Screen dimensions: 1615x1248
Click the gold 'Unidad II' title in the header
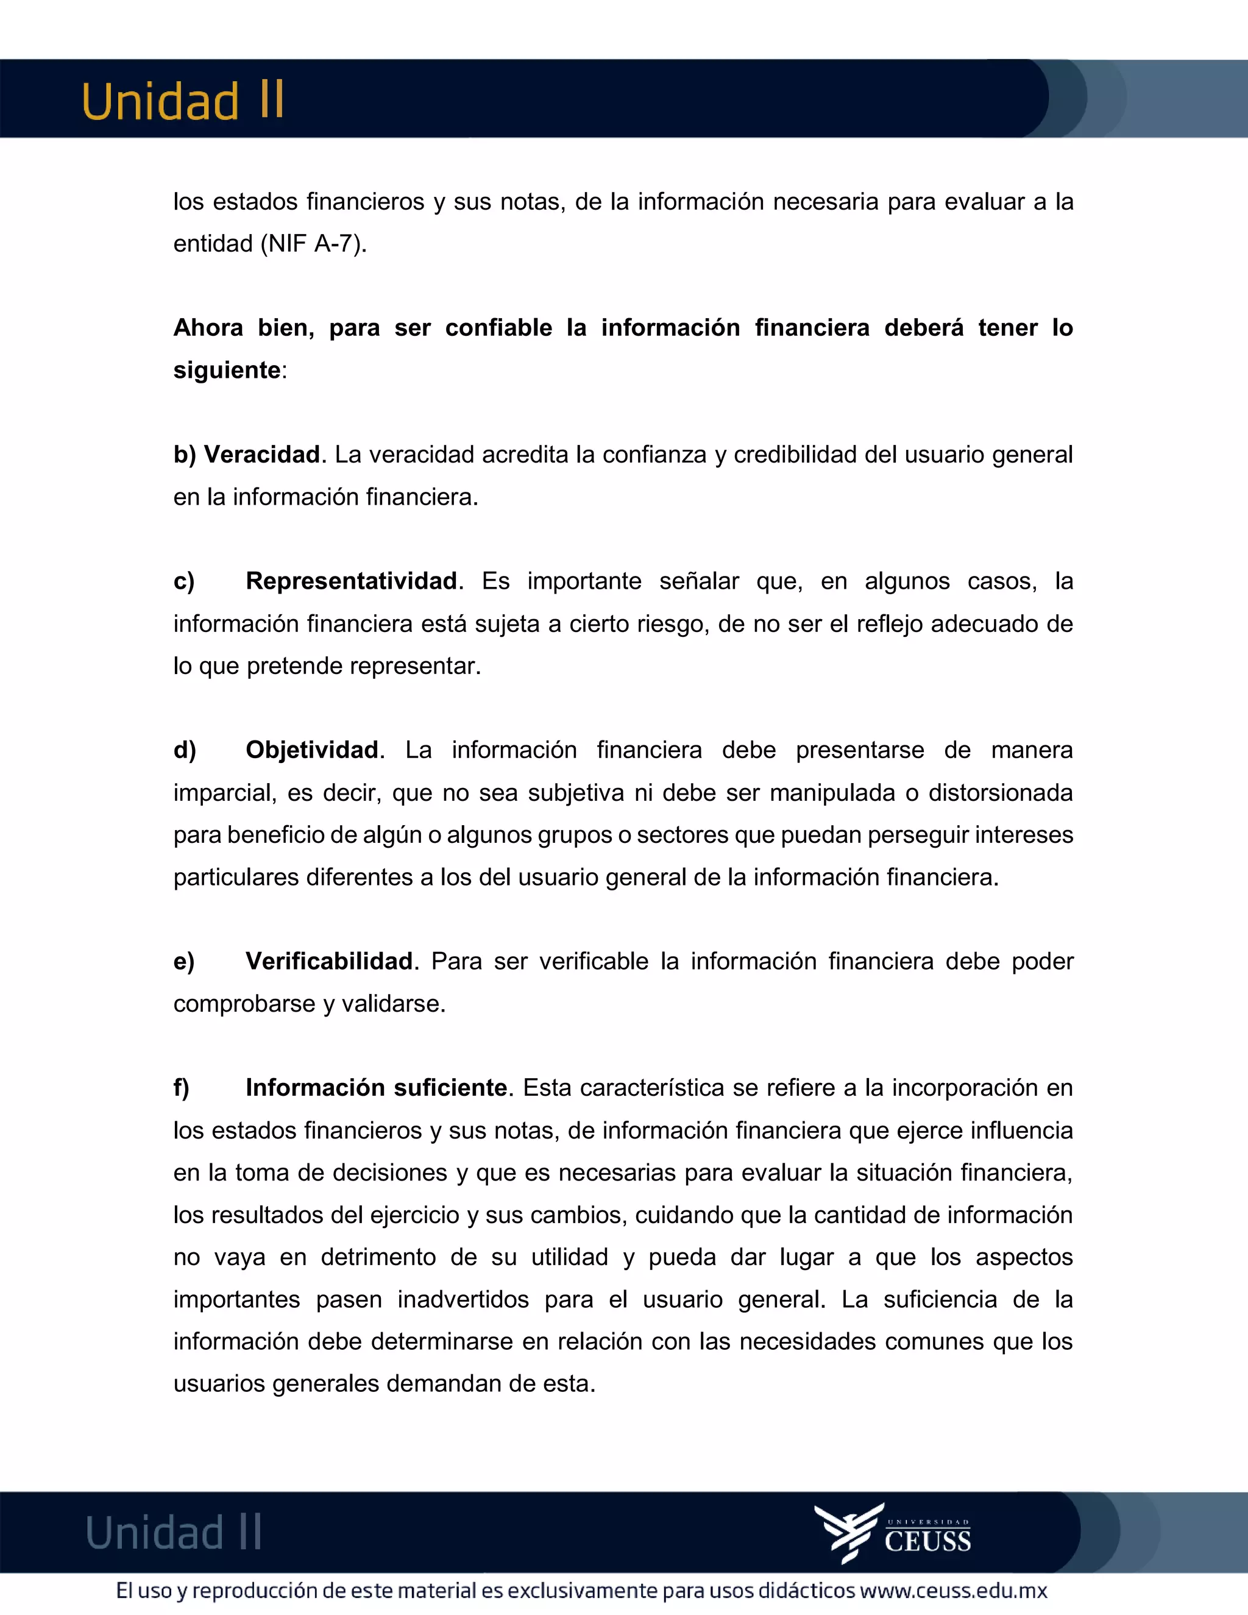183,101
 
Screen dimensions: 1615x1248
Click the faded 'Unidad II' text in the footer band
174,1532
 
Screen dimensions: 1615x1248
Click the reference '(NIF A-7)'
313,243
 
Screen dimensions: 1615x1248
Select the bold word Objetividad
312,750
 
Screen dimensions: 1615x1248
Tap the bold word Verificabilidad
329,960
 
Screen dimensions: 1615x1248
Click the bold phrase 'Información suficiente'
377,1088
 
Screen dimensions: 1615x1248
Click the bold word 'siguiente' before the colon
227,370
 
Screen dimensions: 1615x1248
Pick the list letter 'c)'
184,581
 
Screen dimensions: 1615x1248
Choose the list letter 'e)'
184,961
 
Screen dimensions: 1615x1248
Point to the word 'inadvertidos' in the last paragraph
463,1299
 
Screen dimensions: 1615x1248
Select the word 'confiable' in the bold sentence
498,328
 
